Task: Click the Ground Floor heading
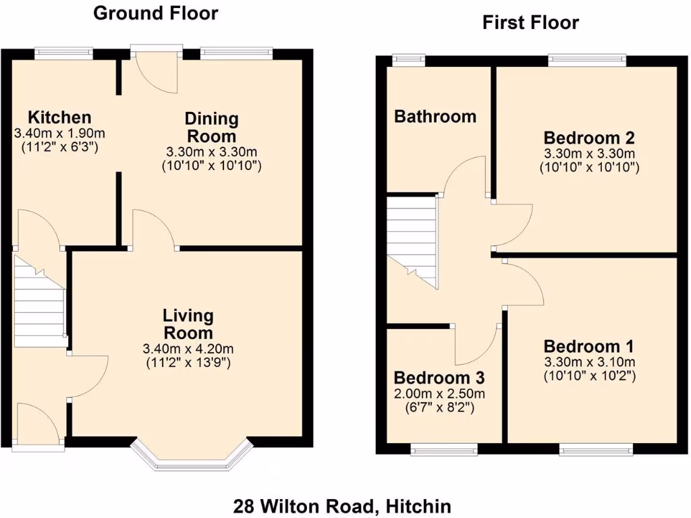[x=155, y=13]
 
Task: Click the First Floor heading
[x=530, y=22]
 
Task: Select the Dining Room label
[x=212, y=127]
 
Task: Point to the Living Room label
[x=188, y=324]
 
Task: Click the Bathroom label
[x=435, y=116]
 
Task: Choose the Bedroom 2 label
[x=590, y=138]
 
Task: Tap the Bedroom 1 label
[x=589, y=347]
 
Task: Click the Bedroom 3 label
[x=439, y=377]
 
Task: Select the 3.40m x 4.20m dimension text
[x=188, y=349]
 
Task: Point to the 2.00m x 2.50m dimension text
[x=439, y=394]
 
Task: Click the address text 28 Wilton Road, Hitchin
[x=342, y=505]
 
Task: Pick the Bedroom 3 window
[x=445, y=449]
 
